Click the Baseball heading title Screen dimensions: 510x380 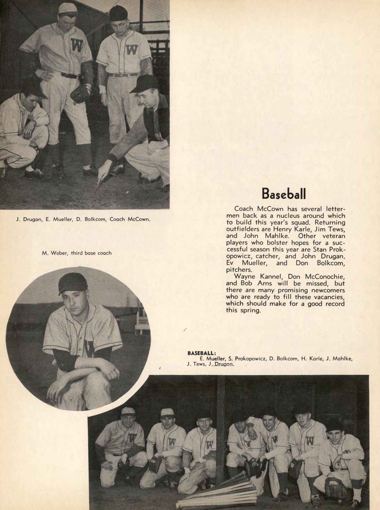[284, 193]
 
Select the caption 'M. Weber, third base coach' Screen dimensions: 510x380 [77, 253]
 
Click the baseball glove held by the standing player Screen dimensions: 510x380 [80, 93]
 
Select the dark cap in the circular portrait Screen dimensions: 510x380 [72, 283]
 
